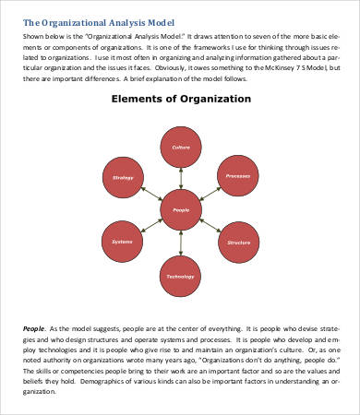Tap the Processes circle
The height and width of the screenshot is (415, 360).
(x=237, y=177)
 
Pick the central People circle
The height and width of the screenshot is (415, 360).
(x=180, y=210)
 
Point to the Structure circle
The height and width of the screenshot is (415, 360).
(x=237, y=243)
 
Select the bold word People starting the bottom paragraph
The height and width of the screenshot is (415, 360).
(x=33, y=328)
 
